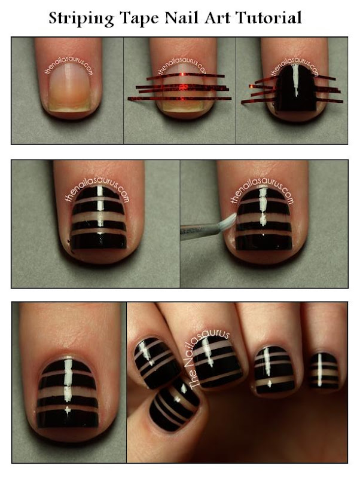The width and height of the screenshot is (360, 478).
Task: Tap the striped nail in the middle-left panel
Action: point(98,221)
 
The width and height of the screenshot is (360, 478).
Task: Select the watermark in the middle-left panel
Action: point(96,195)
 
